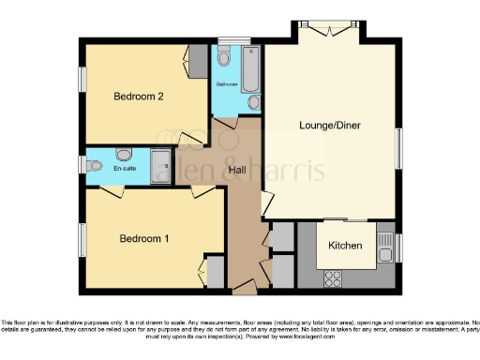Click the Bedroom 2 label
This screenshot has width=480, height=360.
[139, 97]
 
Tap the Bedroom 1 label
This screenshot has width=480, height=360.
[143, 239]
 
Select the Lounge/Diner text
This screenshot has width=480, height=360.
[329, 125]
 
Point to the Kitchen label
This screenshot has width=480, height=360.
[346, 246]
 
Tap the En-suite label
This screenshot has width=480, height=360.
[126, 168]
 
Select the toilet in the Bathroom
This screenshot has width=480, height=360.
[254, 100]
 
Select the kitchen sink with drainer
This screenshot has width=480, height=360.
[384, 248]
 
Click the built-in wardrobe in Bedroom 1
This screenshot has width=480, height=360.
[215, 273]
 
